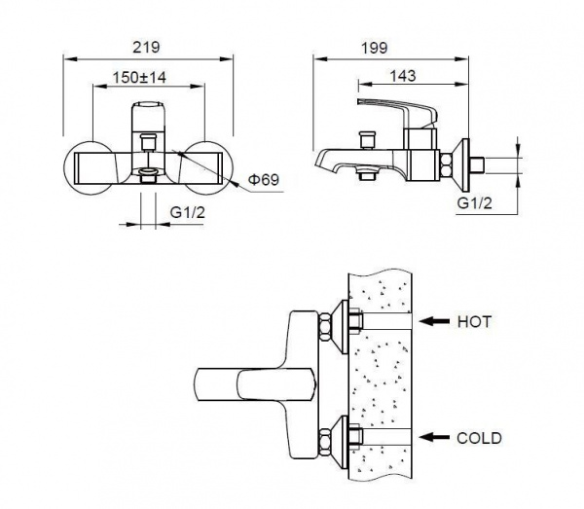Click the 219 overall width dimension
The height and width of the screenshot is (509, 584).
[146, 48]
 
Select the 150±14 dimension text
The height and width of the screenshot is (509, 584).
[139, 78]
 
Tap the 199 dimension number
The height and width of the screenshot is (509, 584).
[375, 48]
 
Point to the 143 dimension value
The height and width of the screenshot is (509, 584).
[403, 76]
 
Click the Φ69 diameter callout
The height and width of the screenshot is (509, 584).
[264, 180]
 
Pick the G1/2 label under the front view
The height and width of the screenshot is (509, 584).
[188, 212]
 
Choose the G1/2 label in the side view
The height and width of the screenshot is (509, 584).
[475, 203]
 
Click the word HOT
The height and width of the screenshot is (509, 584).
[474, 322]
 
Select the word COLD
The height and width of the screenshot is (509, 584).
[479, 438]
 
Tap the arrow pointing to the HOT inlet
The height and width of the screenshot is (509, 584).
[434, 321]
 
